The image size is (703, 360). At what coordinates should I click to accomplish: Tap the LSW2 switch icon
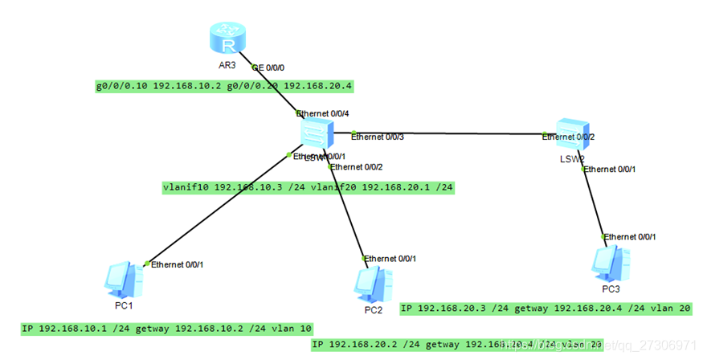pyautogui.click(x=573, y=133)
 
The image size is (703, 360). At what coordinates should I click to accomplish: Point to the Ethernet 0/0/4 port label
pyautogui.click(x=323, y=113)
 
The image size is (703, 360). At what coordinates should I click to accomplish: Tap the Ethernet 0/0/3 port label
pyautogui.click(x=378, y=137)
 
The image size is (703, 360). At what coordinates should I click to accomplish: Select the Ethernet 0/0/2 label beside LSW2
pyautogui.click(x=569, y=137)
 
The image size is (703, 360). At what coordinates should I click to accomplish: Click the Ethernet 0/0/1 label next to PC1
pyautogui.click(x=178, y=264)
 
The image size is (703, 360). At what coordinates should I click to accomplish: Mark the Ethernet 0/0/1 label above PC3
pyautogui.click(x=630, y=237)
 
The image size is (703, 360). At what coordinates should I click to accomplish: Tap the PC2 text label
pyautogui.click(x=373, y=309)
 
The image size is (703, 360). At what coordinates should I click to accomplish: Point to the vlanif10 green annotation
pyautogui.click(x=308, y=188)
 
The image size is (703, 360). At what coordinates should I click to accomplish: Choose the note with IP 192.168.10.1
pyautogui.click(x=167, y=329)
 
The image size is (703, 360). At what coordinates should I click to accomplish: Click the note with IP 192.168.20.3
pyautogui.click(x=546, y=308)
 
